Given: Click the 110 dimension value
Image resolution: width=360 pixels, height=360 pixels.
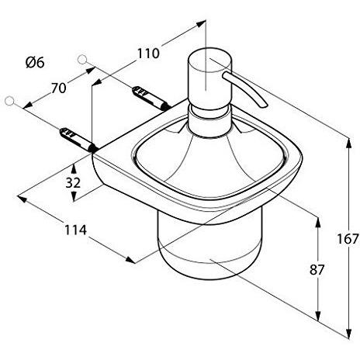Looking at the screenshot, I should pos(147,54).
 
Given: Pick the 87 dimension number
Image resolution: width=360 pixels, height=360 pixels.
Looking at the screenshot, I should pos(294,269).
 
